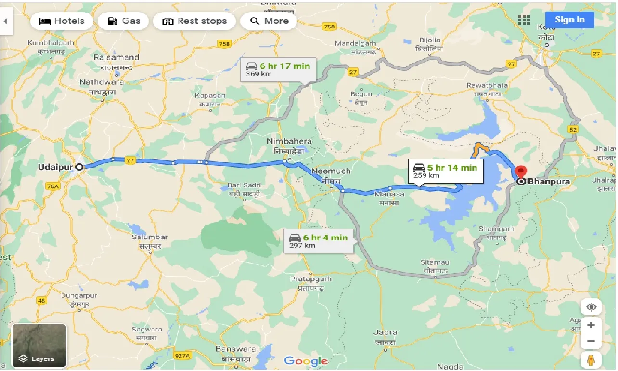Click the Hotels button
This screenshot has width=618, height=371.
pyautogui.click(x=62, y=21)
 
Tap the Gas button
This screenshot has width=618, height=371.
pyautogui.click(x=124, y=21)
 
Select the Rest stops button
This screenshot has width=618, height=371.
pyautogui.click(x=194, y=21)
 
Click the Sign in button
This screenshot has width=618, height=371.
pyautogui.click(x=569, y=20)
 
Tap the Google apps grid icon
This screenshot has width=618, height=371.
pyautogui.click(x=524, y=20)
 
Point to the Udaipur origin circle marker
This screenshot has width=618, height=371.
pyautogui.click(x=79, y=167)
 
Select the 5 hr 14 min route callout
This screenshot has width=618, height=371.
pyautogui.click(x=445, y=171)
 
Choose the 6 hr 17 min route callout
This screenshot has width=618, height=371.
pyautogui.click(x=278, y=69)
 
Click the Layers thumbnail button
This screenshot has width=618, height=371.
pyautogui.click(x=39, y=345)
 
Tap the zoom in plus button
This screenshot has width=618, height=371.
pyautogui.click(x=591, y=325)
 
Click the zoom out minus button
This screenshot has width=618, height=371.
pyautogui.click(x=591, y=342)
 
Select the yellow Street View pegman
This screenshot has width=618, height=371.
pyautogui.click(x=591, y=360)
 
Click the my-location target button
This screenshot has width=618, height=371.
pyautogui.click(x=591, y=307)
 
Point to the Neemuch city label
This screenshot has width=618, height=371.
pyautogui.click(x=331, y=172)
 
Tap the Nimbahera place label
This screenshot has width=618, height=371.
pyautogui.click(x=290, y=142)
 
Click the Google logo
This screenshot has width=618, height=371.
pyautogui.click(x=306, y=361)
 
